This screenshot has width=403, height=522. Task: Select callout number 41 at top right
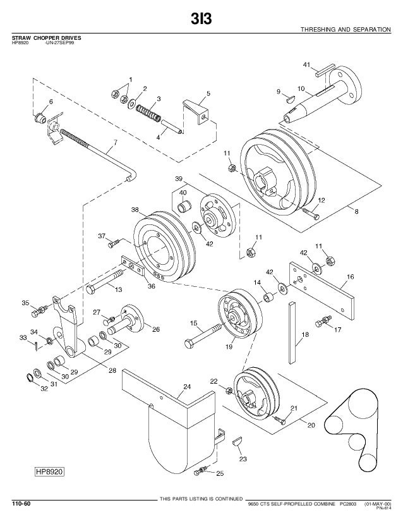click(307, 64)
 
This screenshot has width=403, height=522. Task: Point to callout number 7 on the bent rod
click(115, 142)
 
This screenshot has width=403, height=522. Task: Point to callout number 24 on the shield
click(187, 386)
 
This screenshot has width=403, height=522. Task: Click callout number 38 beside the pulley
click(135, 209)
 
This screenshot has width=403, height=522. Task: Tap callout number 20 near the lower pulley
click(311, 425)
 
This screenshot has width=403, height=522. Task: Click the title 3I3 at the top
click(201, 20)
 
